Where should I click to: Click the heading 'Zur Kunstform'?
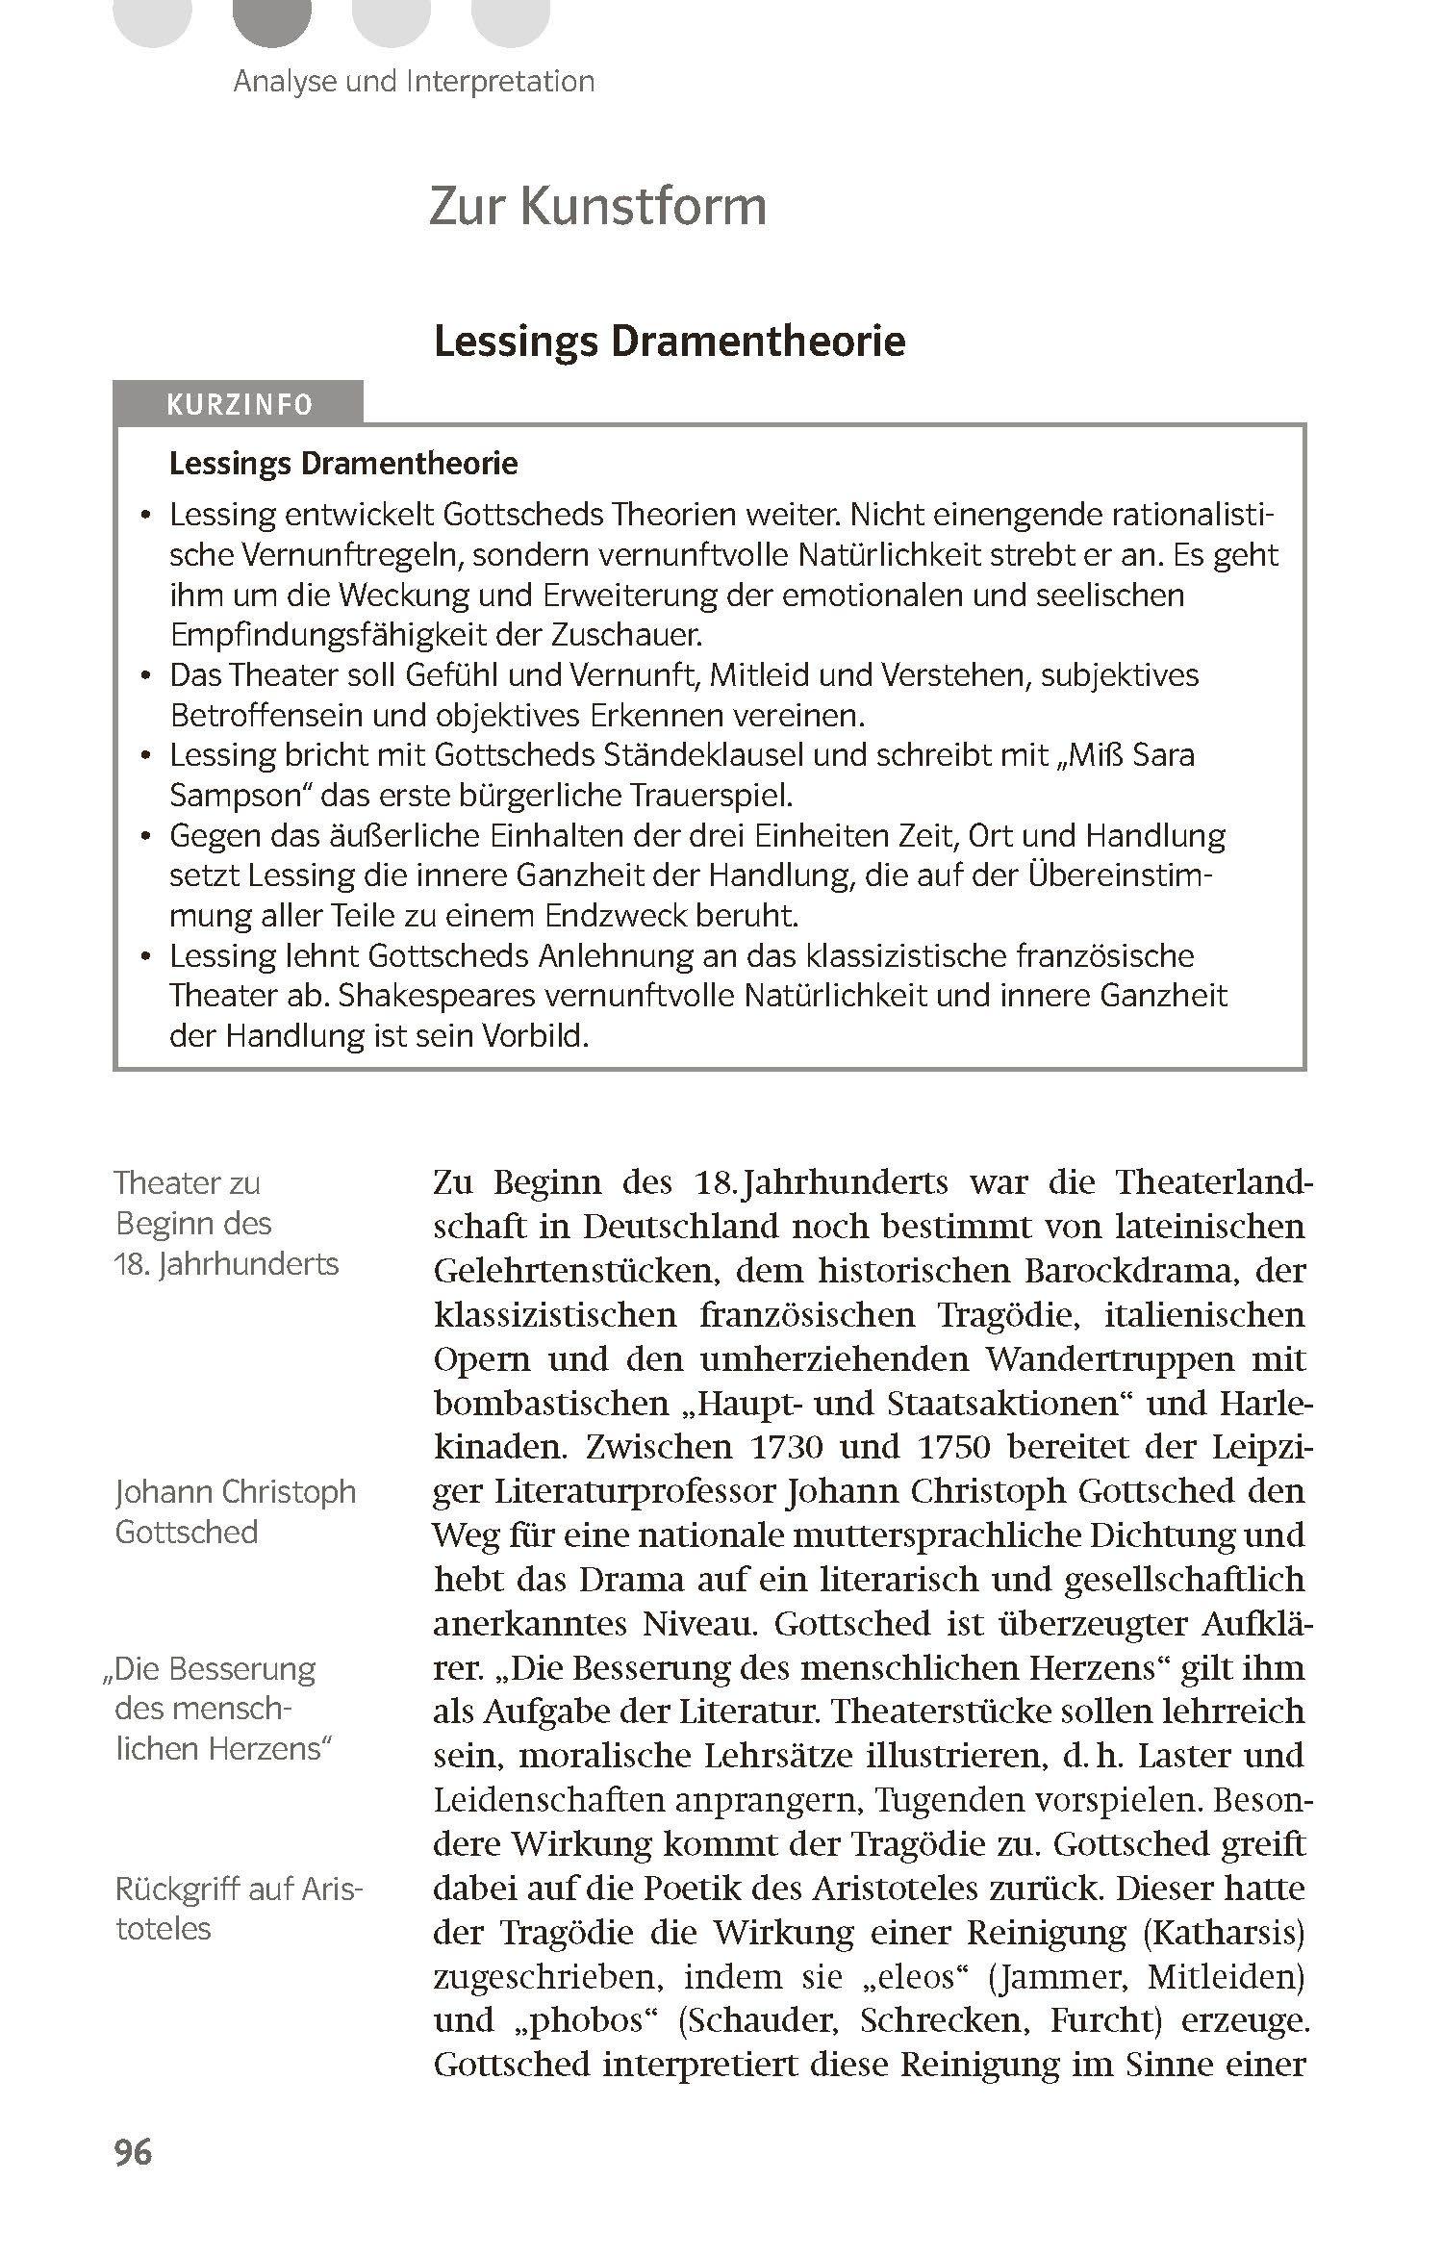pyautogui.click(x=597, y=207)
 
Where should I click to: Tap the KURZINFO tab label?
pyautogui.click(x=240, y=405)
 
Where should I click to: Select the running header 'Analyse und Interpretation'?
pyautogui.click(x=414, y=81)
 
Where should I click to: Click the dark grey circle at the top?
pyautogui.click(x=273, y=19)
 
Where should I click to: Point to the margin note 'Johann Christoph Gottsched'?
pyautogui.click(x=235, y=1511)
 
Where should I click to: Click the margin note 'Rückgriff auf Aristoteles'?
pyautogui.click(x=238, y=1909)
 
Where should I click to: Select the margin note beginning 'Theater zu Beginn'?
pyautogui.click(x=226, y=1223)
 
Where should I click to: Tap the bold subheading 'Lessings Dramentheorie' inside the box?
pyautogui.click(x=343, y=464)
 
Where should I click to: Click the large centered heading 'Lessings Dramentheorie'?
pyautogui.click(x=670, y=342)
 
